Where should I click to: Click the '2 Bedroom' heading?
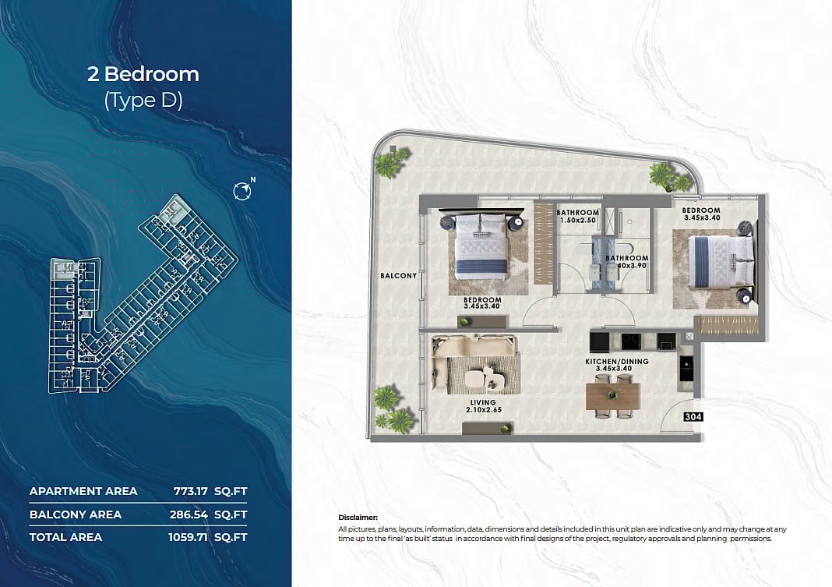143,74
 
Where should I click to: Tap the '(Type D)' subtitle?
143,101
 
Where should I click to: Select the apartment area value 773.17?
191,491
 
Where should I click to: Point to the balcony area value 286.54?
191,515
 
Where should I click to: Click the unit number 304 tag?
693,417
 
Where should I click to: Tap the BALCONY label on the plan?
399,276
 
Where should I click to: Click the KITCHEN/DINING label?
617,362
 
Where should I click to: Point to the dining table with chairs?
613,395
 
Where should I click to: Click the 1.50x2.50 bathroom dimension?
577,221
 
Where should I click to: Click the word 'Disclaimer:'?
358,518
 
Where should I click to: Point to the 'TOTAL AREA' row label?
65,537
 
